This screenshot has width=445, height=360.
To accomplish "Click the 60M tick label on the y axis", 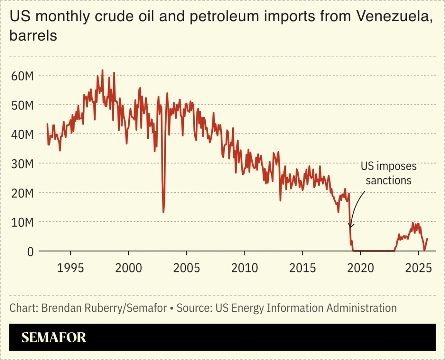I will (22, 76).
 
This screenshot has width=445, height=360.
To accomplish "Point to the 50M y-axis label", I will (22, 105).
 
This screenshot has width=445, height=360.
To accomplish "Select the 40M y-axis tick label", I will (22, 135).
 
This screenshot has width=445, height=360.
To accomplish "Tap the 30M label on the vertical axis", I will (22, 164).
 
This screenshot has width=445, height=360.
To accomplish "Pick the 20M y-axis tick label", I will (22, 193).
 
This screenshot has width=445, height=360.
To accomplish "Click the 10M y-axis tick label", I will (22, 222).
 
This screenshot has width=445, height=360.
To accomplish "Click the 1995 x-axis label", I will (71, 268).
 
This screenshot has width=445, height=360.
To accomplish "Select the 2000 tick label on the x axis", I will (129, 268).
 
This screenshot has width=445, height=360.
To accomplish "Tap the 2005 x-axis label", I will (187, 268).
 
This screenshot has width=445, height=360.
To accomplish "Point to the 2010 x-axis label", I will (244, 268).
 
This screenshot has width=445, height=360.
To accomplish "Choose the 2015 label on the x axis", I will (302, 268).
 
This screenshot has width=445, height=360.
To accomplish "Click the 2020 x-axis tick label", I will (360, 268).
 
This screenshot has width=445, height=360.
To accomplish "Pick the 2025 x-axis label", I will (418, 268).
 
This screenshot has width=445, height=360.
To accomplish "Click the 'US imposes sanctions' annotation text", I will (389, 173).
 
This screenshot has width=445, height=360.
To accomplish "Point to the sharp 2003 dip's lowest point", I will (163, 212).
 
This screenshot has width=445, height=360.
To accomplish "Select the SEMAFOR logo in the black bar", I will (54, 337).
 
